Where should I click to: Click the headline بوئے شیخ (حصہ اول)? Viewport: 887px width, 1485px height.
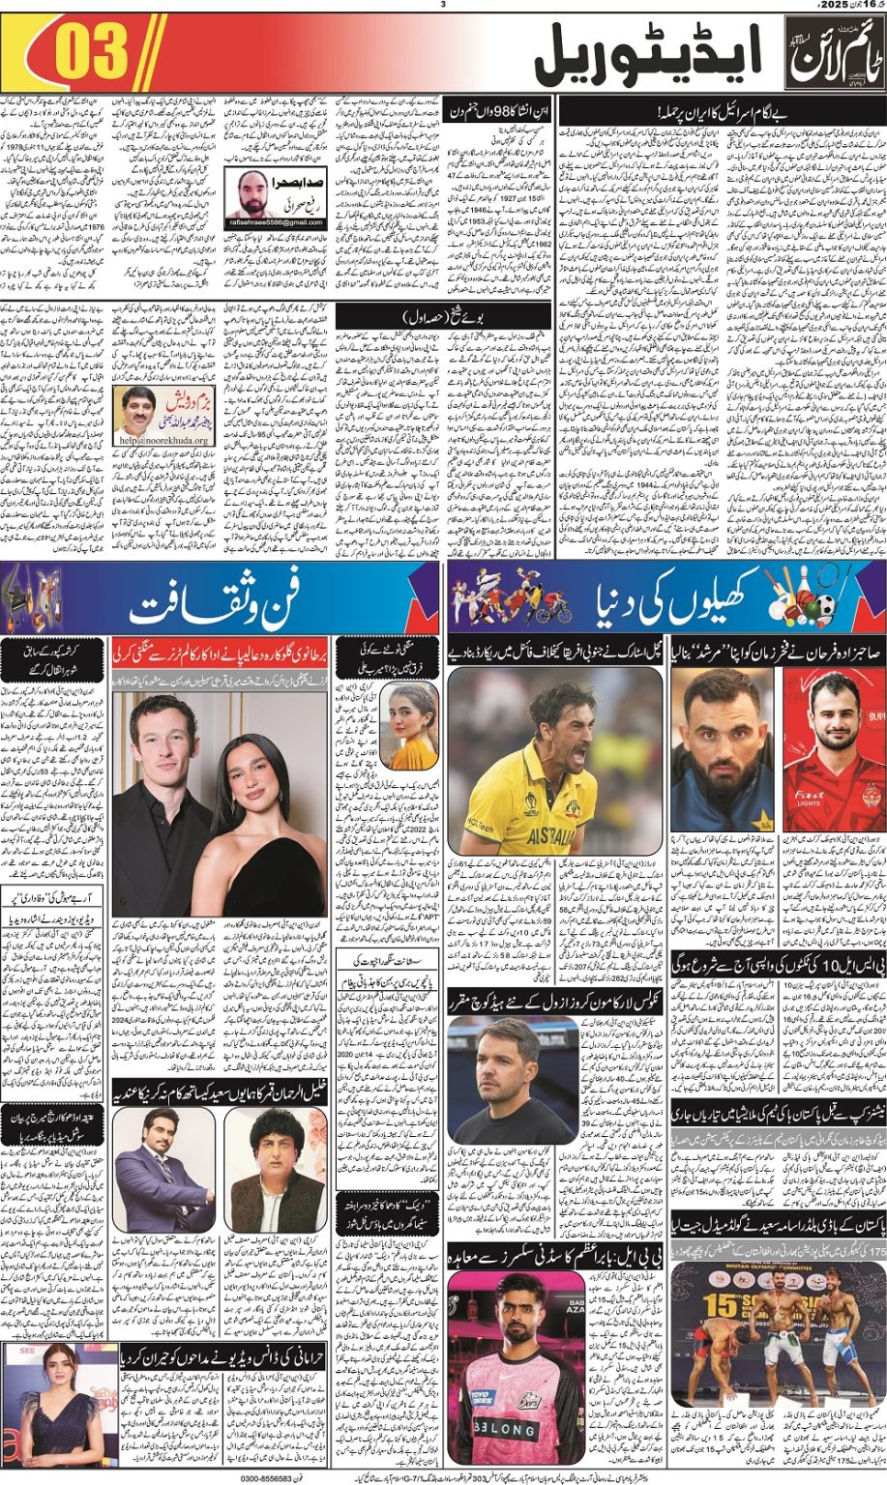497,316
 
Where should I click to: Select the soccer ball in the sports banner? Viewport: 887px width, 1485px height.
824,607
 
